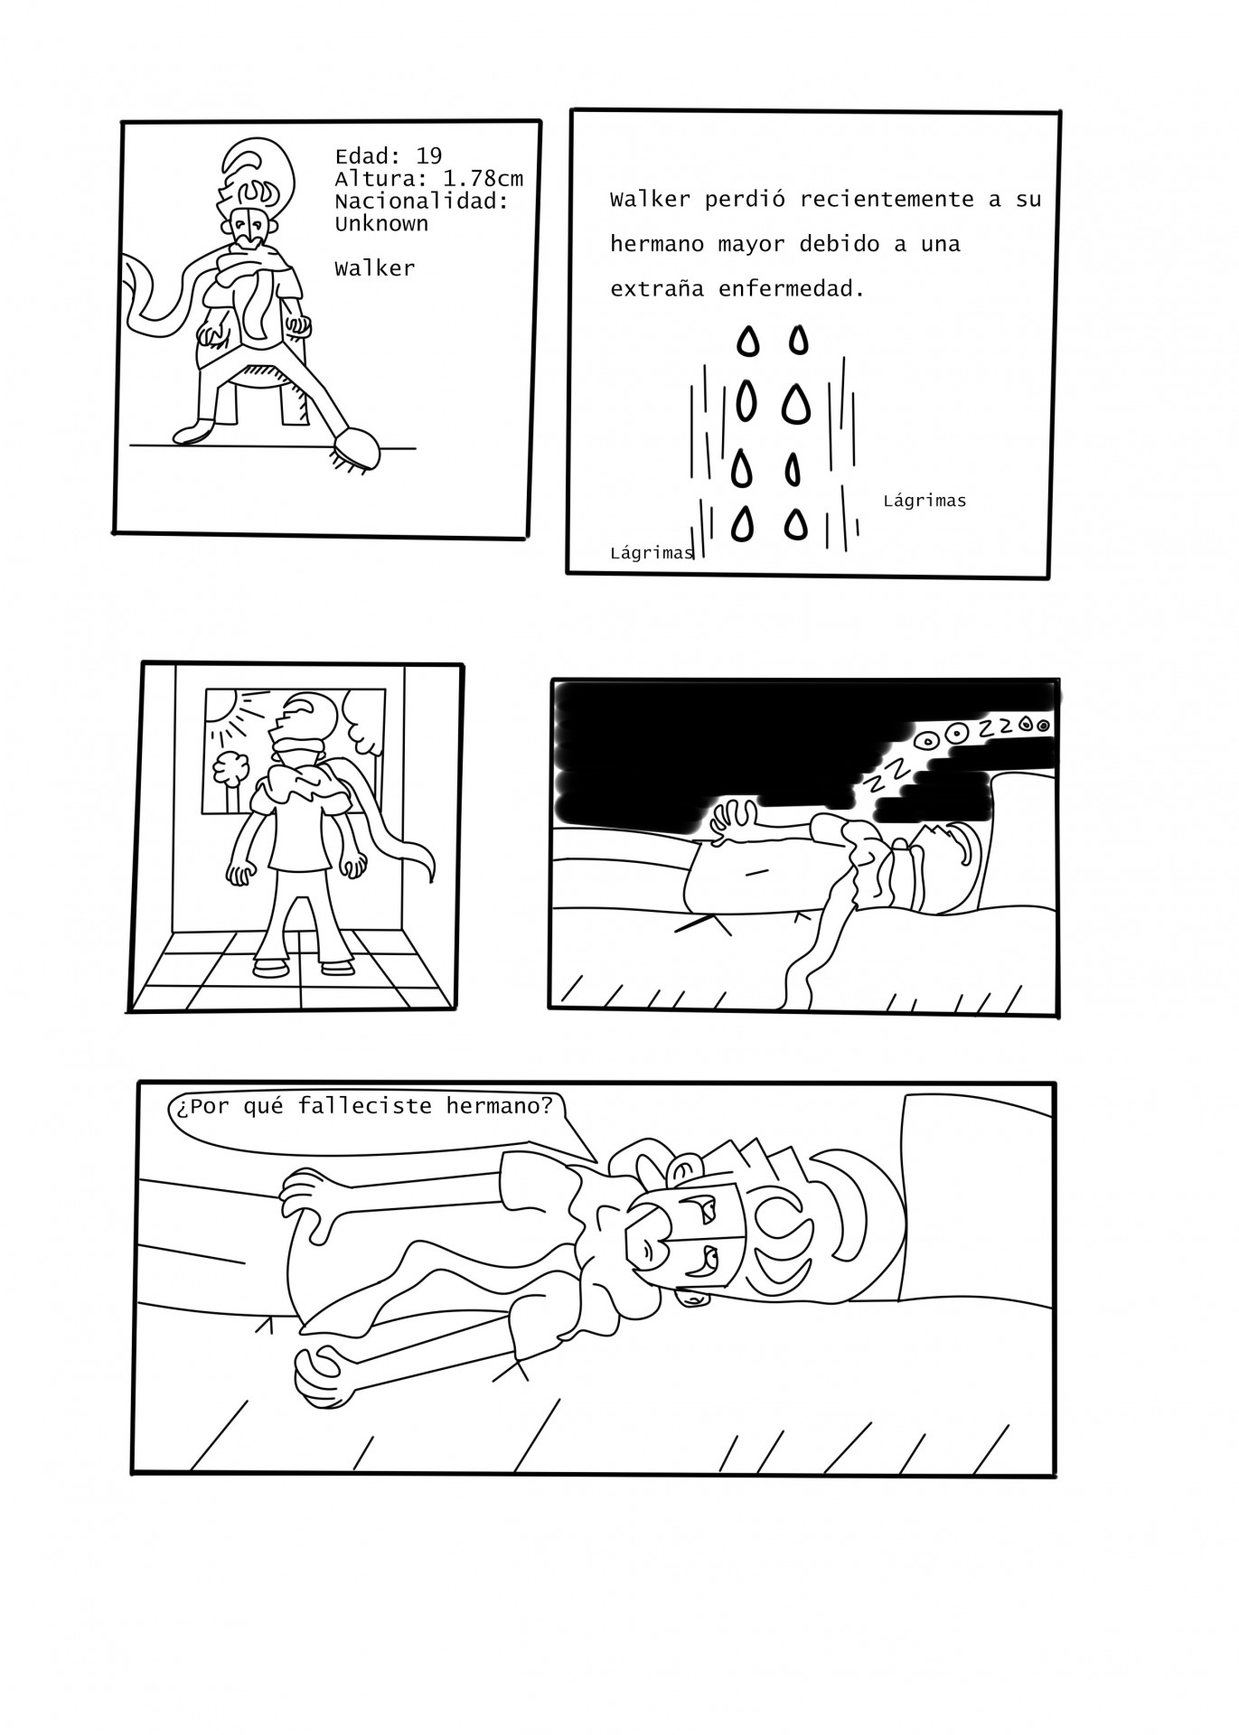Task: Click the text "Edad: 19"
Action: pos(389,156)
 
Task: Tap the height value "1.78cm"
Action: pos(483,179)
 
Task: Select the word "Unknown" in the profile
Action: pos(381,223)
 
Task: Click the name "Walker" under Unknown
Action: pos(375,268)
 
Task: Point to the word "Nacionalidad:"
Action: pos(422,202)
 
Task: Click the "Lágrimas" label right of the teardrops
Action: pos(925,501)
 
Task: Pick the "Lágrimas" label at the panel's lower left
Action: pos(652,553)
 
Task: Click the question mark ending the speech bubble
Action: pos(545,1105)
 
